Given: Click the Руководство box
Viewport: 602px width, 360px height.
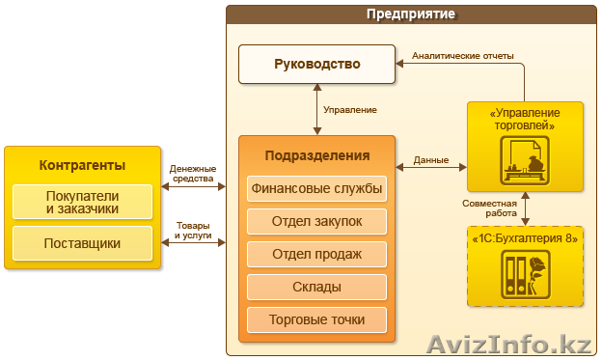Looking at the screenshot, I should click(x=316, y=65).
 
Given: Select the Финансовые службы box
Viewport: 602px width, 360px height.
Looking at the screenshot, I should click(x=316, y=188).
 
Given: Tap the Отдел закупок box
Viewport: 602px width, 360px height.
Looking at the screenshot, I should click(x=316, y=221).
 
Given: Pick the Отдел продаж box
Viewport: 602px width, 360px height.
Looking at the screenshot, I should click(x=316, y=254).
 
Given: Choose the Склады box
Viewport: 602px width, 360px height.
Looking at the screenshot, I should click(x=316, y=287).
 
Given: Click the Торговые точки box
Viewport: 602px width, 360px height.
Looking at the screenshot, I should click(x=316, y=319).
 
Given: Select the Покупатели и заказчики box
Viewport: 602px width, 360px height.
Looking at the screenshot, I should click(x=82, y=202).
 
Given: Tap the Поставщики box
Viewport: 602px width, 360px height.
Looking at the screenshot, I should click(x=82, y=243).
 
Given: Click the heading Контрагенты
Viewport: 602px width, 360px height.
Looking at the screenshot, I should click(x=82, y=164).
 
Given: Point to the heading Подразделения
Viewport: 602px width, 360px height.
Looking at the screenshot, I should click(x=316, y=155).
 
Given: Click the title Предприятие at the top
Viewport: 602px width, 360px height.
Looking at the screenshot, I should click(x=411, y=14).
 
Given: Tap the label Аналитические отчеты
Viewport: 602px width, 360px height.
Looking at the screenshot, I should click(x=462, y=55).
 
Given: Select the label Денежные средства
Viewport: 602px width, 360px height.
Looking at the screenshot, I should click(x=193, y=174).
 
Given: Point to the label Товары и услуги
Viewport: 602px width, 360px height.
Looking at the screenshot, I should click(x=193, y=231).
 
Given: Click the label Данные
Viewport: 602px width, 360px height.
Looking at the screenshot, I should click(x=430, y=159).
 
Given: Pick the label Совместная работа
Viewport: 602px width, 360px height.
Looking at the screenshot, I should click(x=490, y=208).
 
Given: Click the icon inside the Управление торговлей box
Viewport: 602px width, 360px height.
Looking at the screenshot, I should click(x=525, y=160).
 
